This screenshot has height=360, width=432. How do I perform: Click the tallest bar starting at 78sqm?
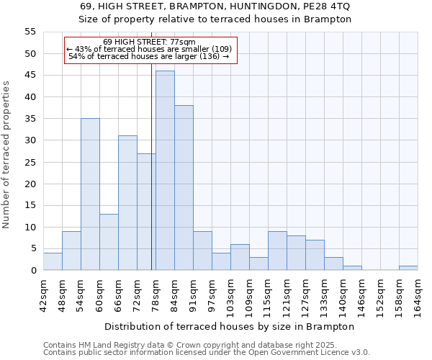165,171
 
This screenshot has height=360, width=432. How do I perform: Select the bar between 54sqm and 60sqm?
90,194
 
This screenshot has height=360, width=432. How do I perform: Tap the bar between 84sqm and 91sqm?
184,188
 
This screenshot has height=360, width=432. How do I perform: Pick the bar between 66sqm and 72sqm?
127,203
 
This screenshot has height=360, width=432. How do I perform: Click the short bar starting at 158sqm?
408,268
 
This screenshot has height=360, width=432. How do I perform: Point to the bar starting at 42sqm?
53,261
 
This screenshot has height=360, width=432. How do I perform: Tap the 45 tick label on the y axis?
30,76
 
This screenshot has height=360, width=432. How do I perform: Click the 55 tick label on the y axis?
30,32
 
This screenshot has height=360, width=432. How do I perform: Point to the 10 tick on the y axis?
30,228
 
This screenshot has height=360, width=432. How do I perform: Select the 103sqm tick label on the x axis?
231,294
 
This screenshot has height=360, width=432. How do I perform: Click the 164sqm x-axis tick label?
418,294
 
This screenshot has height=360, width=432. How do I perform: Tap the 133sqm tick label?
325,294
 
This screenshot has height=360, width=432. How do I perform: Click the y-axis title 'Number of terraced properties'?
6,155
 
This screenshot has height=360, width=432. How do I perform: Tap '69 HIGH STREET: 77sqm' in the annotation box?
149,42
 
